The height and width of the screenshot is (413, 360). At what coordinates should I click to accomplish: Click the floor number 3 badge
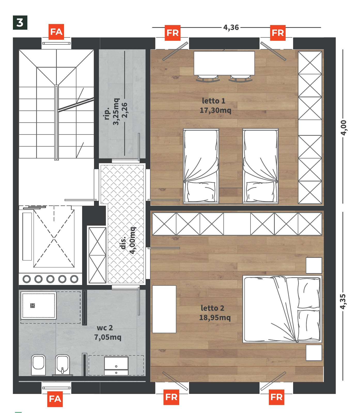20,23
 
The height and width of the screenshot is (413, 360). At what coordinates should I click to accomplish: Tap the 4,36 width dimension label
231,27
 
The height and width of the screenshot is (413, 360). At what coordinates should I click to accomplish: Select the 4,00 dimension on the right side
343,128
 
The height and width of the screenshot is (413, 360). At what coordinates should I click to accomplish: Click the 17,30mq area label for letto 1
215,110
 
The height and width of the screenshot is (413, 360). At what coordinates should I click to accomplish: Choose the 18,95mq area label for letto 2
215,317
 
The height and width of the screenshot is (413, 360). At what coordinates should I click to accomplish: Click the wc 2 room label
105,328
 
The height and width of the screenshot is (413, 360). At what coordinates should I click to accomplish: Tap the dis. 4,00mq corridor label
128,241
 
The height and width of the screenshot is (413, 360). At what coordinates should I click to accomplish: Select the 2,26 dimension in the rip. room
124,110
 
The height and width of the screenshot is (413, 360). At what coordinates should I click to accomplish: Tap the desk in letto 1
224,63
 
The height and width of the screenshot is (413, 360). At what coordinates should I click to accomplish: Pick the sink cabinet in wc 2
116,366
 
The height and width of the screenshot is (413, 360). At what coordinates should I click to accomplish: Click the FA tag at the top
56,32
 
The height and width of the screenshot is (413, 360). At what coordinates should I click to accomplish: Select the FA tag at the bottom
55,399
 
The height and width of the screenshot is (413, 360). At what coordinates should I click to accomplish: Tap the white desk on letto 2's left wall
164,309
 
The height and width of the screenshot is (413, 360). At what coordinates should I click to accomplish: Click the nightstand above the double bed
314,265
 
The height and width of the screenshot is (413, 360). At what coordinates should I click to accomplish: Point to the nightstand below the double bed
314,353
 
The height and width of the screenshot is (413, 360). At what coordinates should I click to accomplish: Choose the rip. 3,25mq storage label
112,112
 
